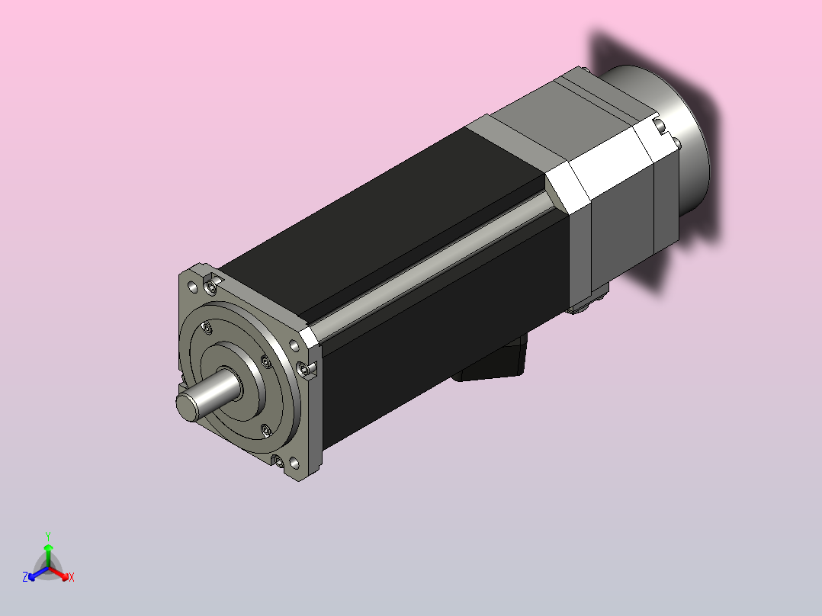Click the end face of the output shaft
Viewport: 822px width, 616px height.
pos(188,407)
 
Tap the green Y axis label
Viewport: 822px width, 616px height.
pos(48,536)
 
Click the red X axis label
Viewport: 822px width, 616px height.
pos(72,577)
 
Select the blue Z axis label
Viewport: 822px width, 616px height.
pos(24,577)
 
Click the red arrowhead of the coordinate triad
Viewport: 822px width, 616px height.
pos(65,576)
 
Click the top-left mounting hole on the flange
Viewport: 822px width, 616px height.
pos(192,287)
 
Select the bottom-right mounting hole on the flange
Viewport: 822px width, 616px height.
pos(294,463)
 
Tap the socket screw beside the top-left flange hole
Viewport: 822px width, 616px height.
pos(211,286)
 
